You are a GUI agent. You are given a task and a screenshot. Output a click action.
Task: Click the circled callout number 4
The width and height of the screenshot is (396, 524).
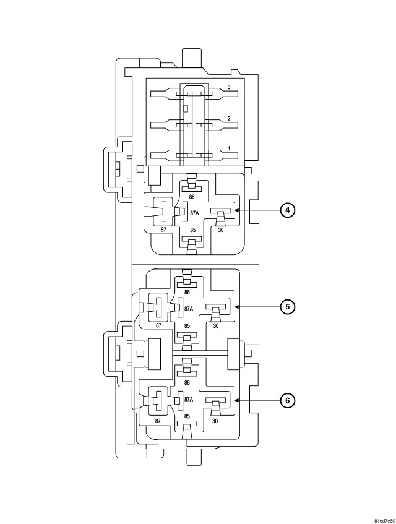click(x=287, y=210)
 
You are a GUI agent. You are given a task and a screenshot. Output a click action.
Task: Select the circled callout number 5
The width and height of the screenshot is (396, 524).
click(x=287, y=306)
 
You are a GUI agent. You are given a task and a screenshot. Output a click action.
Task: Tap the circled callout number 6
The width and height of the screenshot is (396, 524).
click(x=287, y=401)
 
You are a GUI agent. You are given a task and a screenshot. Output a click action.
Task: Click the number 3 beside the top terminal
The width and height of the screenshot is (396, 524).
click(x=229, y=88)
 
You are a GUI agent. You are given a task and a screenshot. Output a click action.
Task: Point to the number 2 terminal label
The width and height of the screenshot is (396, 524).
click(x=229, y=118)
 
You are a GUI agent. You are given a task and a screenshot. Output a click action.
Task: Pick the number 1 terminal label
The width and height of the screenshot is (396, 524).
click(x=229, y=148)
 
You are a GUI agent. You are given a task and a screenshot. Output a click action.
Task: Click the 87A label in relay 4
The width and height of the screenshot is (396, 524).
click(x=194, y=213)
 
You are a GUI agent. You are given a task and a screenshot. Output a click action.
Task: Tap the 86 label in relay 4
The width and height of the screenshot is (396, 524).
click(x=192, y=197)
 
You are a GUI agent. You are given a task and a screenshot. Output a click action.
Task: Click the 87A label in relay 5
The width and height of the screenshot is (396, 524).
click(x=189, y=308)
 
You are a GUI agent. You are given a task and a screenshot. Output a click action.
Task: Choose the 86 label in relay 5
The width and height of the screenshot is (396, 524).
click(x=187, y=292)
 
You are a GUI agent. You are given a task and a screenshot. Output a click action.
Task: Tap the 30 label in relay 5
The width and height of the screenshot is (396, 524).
click(x=216, y=325)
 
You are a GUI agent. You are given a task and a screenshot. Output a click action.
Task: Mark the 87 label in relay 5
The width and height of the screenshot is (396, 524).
click(x=158, y=325)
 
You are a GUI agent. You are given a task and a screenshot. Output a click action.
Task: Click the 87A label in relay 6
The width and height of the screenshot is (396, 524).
click(x=189, y=400)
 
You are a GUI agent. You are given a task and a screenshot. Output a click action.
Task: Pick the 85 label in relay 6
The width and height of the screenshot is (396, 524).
click(x=186, y=417)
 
